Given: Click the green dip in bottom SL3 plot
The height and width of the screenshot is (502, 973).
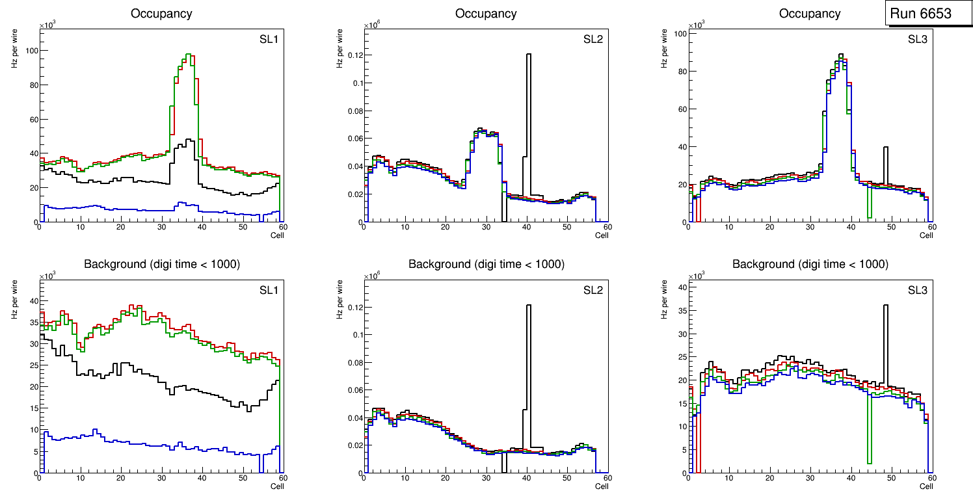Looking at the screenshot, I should [x=869, y=449].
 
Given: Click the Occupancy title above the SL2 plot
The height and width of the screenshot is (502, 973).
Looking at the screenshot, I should [x=486, y=14].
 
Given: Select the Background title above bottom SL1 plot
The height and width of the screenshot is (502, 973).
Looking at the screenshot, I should [x=162, y=264].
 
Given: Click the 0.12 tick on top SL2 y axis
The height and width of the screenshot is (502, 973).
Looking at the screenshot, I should [x=352, y=55].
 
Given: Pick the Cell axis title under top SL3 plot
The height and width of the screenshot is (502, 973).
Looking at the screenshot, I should [x=926, y=235].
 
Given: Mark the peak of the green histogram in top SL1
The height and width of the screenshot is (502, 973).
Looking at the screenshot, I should [x=187, y=55].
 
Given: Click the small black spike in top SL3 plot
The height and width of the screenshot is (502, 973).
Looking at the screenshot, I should [x=885, y=156].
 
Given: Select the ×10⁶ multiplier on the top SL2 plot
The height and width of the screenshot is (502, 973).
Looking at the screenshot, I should [x=371, y=25].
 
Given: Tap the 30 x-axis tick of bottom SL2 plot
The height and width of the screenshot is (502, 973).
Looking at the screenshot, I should [x=486, y=479].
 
